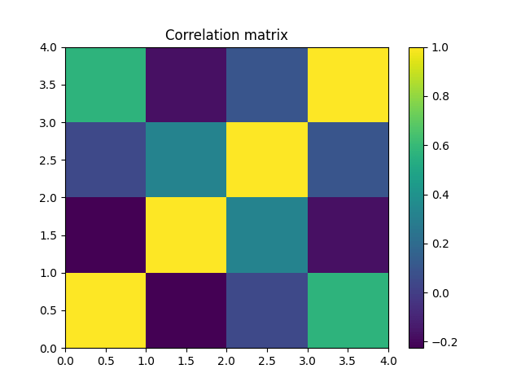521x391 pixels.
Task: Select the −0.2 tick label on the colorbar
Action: coord(442,341)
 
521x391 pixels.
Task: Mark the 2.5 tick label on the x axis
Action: coord(267,360)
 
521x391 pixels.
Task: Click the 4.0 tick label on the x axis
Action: coord(387,360)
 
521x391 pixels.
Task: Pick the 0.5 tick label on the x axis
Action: coord(106,360)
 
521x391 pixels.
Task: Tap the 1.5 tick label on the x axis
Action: coord(186,360)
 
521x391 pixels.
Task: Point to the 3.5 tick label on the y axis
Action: coord(50,85)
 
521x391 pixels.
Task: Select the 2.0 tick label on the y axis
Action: coord(50,198)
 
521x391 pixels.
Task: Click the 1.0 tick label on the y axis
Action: coord(50,273)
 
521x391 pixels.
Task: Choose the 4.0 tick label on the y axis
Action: coord(50,47)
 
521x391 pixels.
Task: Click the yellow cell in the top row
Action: coord(348,85)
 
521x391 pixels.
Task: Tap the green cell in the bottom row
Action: coord(348,310)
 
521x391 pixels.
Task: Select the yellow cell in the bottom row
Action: coord(106,310)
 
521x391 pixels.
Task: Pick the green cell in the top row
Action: coord(106,85)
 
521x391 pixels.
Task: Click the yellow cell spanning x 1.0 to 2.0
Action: coord(186,235)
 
